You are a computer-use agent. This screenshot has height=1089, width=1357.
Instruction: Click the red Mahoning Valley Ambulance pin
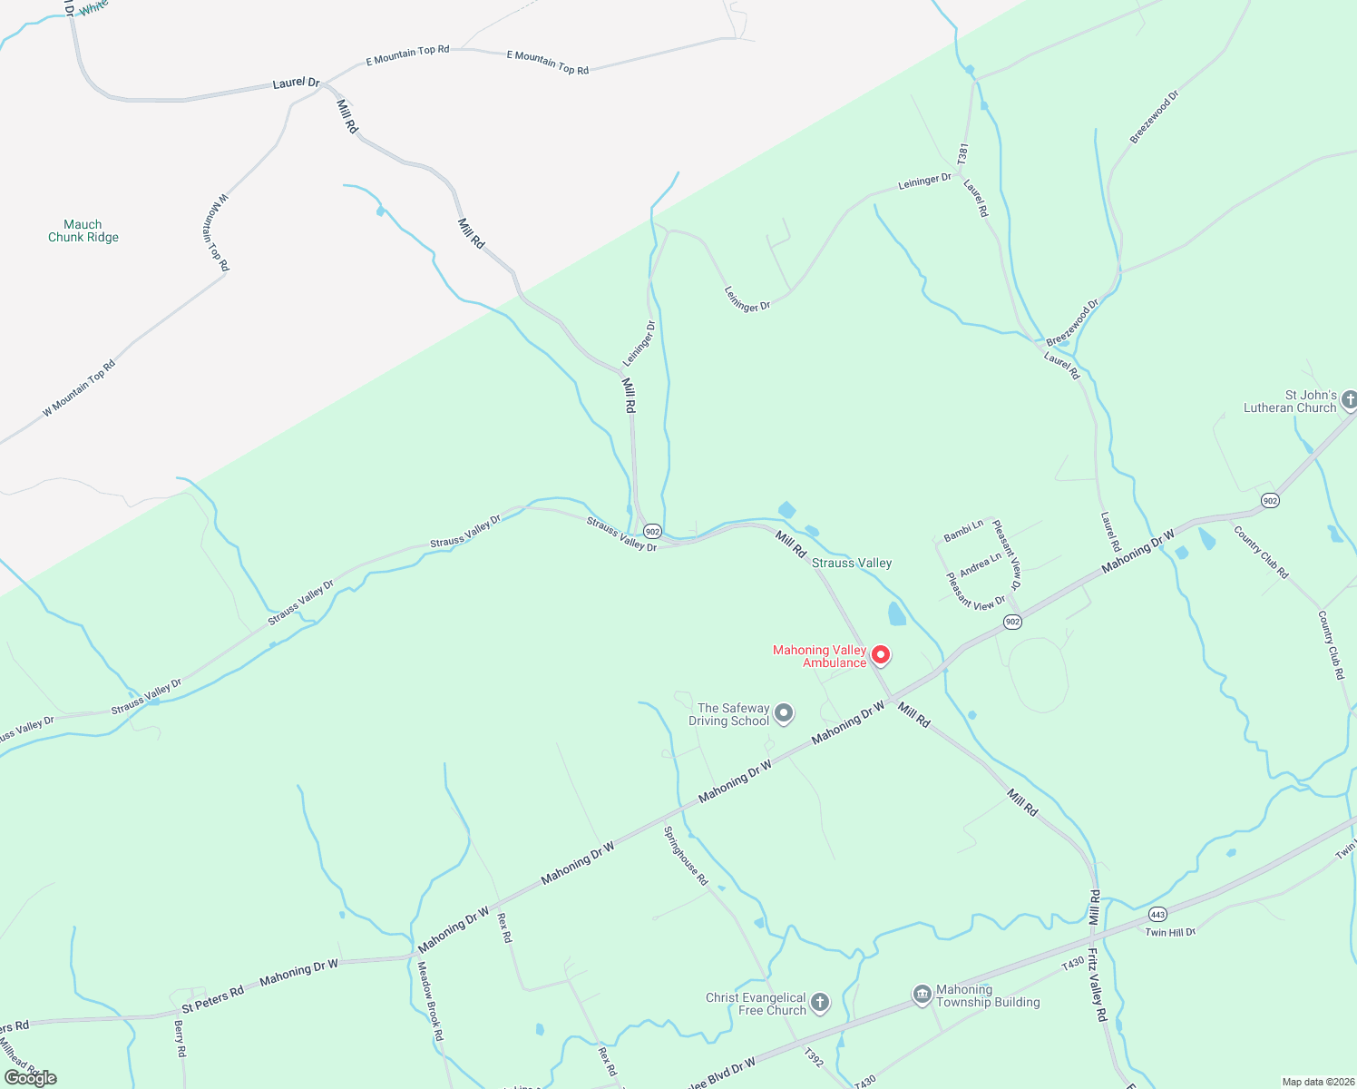(x=880, y=655)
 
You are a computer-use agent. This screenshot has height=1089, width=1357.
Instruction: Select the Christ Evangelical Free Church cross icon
(x=819, y=1003)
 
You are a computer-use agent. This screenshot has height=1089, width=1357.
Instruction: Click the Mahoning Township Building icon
(x=923, y=996)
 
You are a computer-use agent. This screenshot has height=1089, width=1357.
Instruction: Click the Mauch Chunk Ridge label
(x=83, y=231)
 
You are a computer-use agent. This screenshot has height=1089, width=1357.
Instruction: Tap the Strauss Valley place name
(x=852, y=563)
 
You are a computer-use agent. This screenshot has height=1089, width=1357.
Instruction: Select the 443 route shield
(x=1157, y=913)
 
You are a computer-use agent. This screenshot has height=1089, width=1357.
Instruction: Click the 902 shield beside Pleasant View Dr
(x=1013, y=622)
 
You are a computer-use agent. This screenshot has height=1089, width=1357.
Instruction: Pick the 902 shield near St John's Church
(x=1270, y=500)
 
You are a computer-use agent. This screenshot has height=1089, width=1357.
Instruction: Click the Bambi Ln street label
(x=963, y=531)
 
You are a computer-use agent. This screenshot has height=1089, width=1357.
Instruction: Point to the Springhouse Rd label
(x=686, y=856)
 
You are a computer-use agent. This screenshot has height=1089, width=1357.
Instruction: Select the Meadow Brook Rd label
(x=430, y=1000)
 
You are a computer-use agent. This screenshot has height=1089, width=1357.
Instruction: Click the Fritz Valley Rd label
(x=1098, y=986)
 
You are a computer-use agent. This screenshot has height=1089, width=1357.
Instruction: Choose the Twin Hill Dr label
(x=1170, y=932)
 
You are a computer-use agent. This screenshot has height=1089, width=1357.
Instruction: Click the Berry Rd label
(x=180, y=1038)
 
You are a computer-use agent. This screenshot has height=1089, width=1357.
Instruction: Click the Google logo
(x=31, y=1077)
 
